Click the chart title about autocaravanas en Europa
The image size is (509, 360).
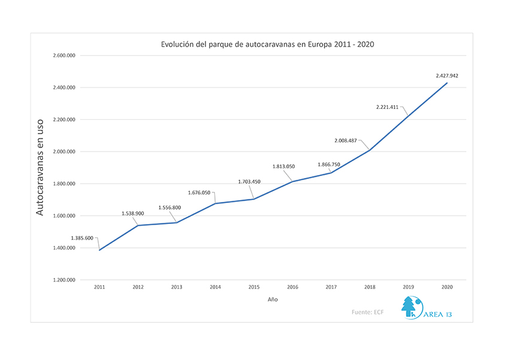268,44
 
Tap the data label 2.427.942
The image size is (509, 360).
447,75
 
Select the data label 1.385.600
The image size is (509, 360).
82,238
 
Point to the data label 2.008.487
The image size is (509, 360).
346,141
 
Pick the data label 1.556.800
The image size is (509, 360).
169,208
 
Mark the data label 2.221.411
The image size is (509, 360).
387,107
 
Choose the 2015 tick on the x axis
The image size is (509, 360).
254,288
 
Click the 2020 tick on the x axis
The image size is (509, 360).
447,288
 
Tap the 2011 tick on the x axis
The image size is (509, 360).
99,288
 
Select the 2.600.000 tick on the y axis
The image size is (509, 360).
64,56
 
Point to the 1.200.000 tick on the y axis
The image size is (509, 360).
64,280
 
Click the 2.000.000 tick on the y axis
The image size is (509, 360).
64,152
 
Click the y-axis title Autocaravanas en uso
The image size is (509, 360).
40,167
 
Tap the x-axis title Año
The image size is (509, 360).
272,299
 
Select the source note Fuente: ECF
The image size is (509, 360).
368,312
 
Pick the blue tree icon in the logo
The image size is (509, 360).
409,307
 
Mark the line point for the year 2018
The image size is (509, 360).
369,150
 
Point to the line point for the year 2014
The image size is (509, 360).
215,204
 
